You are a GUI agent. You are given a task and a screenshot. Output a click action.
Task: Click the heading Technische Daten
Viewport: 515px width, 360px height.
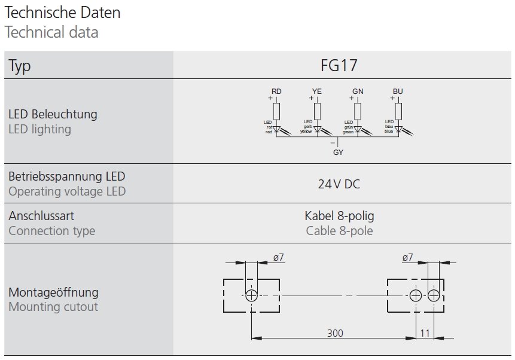point(62,12)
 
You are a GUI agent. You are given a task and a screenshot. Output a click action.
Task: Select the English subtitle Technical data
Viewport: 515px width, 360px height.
point(51,32)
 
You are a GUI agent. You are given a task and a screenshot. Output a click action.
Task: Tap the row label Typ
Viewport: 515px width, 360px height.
point(20,66)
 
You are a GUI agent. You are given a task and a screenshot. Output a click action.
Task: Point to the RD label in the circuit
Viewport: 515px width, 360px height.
point(276,91)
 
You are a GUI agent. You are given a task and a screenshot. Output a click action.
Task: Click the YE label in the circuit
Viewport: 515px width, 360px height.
point(317,91)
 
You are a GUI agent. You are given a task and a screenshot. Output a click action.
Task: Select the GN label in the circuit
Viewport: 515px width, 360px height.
point(358,91)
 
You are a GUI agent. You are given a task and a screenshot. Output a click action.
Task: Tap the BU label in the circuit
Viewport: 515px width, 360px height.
point(398,91)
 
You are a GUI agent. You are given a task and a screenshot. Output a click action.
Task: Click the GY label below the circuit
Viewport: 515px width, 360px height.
point(338,152)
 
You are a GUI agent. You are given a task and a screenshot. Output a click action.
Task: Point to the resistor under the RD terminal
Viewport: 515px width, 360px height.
point(276,111)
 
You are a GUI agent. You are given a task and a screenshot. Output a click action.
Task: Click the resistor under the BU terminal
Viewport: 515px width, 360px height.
point(398,111)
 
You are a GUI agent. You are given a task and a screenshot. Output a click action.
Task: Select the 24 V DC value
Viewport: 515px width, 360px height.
point(339,184)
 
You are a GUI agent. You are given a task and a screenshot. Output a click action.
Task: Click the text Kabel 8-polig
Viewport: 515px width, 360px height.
point(339,215)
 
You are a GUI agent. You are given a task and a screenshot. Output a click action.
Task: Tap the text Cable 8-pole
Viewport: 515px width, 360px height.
point(339,231)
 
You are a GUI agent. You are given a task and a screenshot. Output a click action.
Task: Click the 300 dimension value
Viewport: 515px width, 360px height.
point(335,333)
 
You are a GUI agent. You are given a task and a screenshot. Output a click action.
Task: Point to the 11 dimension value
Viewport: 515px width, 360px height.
point(425,333)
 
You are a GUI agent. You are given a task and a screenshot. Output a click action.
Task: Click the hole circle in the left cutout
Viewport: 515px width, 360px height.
point(251,295)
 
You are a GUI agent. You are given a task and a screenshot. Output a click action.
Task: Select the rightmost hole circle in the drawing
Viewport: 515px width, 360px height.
point(434,295)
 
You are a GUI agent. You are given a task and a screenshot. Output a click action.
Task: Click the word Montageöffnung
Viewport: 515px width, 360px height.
point(53,292)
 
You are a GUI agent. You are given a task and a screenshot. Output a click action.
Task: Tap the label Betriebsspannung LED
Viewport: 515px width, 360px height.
point(67,176)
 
